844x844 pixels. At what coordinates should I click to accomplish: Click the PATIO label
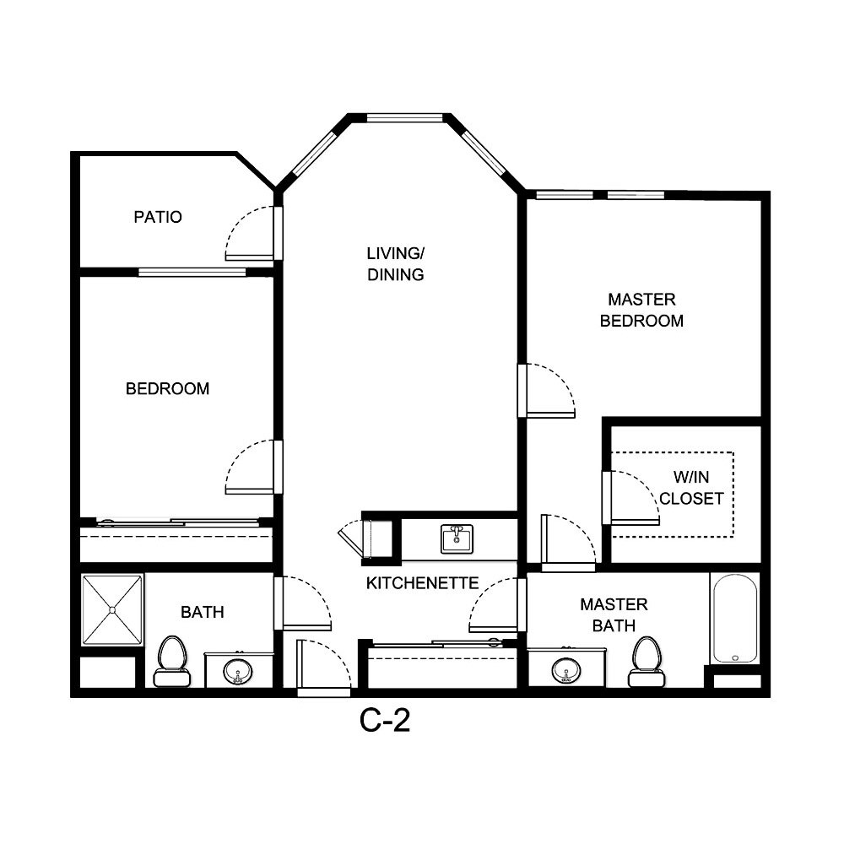pos(158,217)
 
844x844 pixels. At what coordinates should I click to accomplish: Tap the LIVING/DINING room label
pos(395,263)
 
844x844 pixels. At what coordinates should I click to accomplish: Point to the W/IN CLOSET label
pos(691,488)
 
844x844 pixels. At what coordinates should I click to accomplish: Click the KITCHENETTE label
pos(422,583)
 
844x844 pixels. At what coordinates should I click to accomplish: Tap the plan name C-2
pos(385,720)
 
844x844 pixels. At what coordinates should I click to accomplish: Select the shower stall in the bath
pos(112,610)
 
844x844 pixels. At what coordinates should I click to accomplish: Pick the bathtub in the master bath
pos(735,618)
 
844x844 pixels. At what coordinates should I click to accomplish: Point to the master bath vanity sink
pos(565,670)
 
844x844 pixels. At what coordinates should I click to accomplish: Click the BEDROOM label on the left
pos(167,389)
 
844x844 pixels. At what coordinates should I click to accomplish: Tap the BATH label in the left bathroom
pos(203,612)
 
